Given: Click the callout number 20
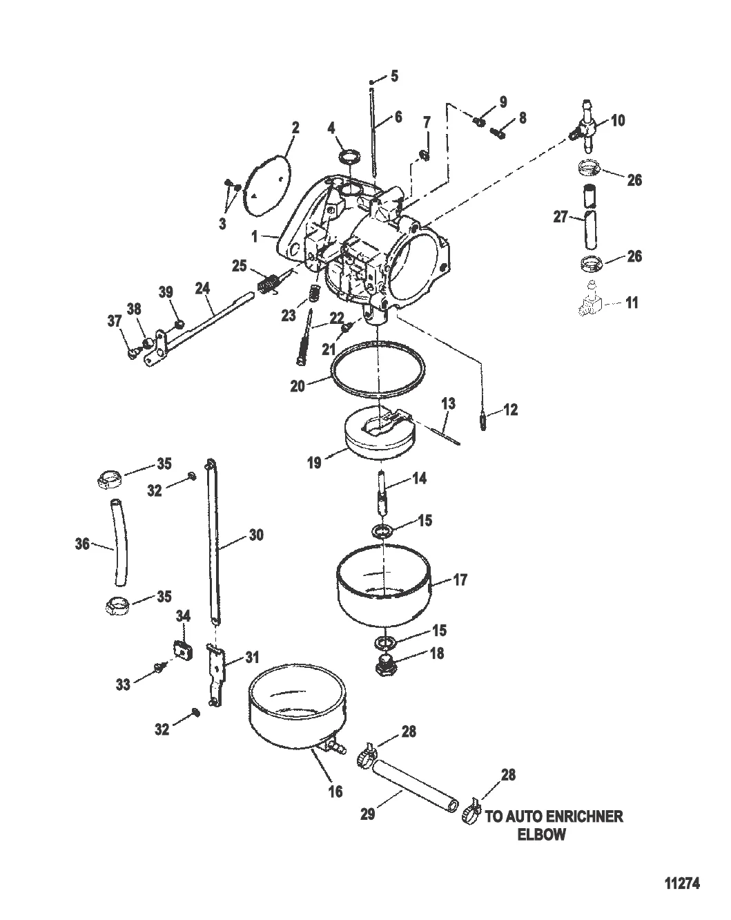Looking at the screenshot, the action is [298, 386].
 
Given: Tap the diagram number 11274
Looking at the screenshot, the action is [682, 883].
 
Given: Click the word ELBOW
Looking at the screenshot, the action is [541, 834].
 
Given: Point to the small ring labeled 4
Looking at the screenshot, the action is [350, 156].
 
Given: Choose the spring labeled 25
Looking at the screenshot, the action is [269, 284].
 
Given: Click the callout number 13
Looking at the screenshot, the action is [448, 403].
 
